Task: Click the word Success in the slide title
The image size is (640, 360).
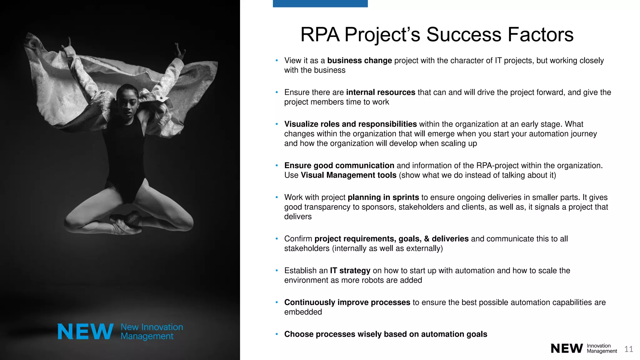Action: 464,34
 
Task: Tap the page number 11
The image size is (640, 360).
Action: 629,349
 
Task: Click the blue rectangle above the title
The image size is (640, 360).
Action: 320,3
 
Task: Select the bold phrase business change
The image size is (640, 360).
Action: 359,61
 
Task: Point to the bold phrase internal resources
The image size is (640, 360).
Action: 381,92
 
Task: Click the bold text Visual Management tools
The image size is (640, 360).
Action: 348,175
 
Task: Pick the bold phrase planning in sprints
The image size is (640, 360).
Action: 383,197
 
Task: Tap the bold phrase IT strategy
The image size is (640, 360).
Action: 350,271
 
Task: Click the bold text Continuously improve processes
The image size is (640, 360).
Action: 347,302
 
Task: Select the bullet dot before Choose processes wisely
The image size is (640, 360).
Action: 277,334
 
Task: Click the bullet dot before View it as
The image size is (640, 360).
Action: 277,61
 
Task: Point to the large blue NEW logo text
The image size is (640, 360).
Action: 85,332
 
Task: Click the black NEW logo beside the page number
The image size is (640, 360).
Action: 567,348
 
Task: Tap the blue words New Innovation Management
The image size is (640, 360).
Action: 152,332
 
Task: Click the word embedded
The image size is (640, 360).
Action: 303,312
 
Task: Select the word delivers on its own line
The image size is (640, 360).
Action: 298,217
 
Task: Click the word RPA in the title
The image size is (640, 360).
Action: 320,34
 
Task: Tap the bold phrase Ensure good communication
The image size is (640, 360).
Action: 339,166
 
